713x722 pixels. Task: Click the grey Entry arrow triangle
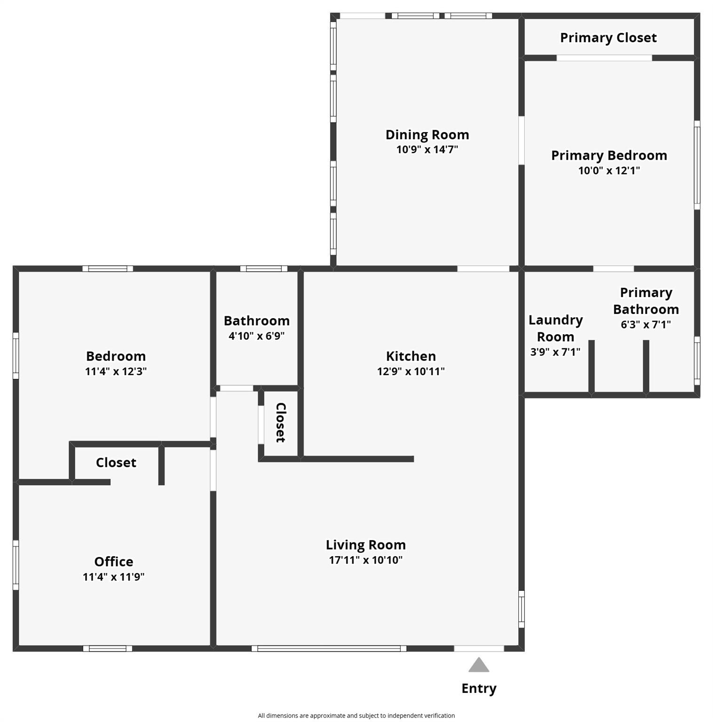click(479, 665)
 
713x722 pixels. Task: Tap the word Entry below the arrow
click(479, 689)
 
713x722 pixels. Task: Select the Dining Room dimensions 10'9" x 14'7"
click(427, 149)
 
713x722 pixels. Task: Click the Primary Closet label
click(608, 38)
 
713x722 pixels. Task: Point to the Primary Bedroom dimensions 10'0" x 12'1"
click(609, 170)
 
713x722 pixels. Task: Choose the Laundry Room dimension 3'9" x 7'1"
click(555, 352)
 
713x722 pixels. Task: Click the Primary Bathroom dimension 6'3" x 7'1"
click(646, 324)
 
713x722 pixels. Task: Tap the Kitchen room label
click(411, 356)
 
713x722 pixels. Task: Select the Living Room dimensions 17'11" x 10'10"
click(366, 560)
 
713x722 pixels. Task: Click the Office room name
click(114, 561)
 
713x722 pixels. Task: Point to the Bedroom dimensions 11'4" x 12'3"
click(116, 371)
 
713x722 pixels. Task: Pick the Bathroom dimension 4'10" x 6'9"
click(257, 336)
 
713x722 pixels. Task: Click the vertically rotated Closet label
click(280, 423)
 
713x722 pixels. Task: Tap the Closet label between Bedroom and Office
click(116, 463)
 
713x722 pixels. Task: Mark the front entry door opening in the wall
click(479, 649)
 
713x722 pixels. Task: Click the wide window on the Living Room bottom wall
click(329, 649)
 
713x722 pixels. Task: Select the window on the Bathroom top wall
click(264, 269)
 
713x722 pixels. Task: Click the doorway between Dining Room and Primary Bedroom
click(522, 141)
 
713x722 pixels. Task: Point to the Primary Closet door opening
click(604, 58)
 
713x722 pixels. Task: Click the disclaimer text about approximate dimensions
click(356, 715)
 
